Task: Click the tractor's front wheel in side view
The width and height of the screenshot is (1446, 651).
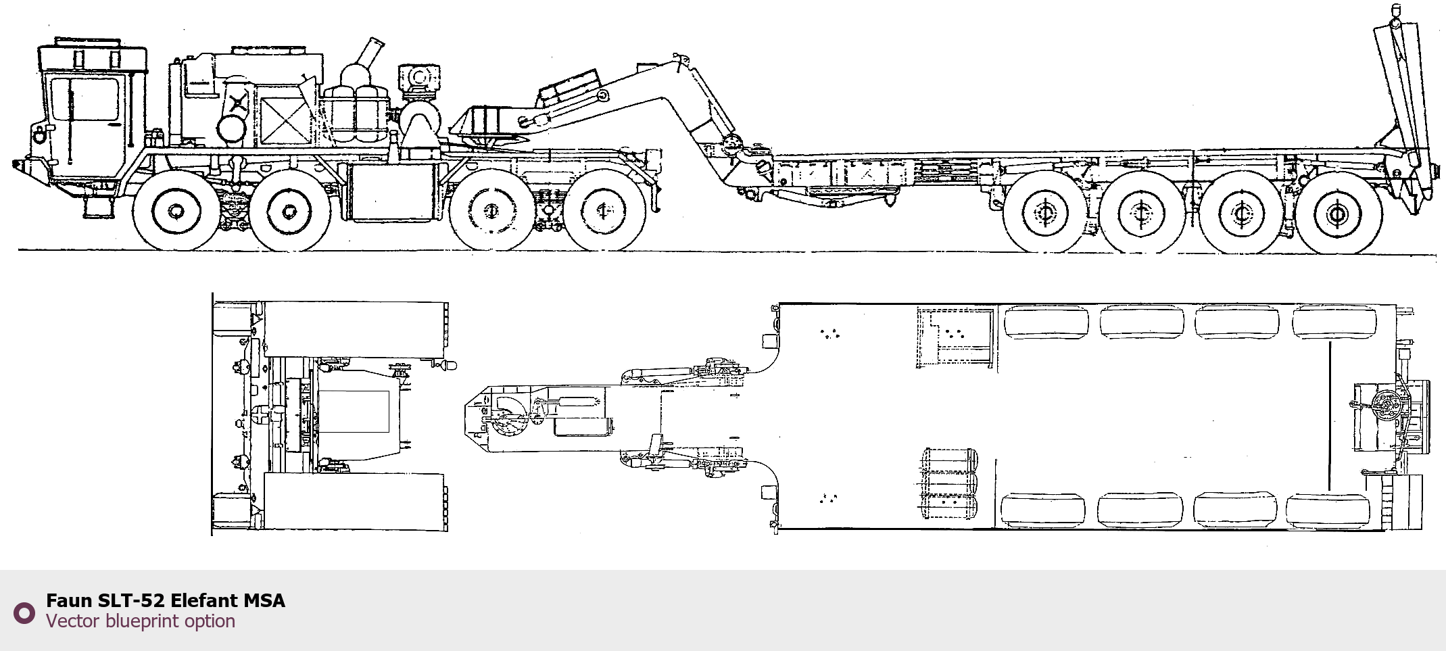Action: coord(176,211)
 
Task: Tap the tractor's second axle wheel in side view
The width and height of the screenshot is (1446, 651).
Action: coord(289,212)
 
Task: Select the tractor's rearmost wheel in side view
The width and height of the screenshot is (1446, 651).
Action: coord(604,210)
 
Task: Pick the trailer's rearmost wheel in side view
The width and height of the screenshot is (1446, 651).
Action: coord(1336,214)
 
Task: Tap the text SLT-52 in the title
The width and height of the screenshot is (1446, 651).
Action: coord(131,600)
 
